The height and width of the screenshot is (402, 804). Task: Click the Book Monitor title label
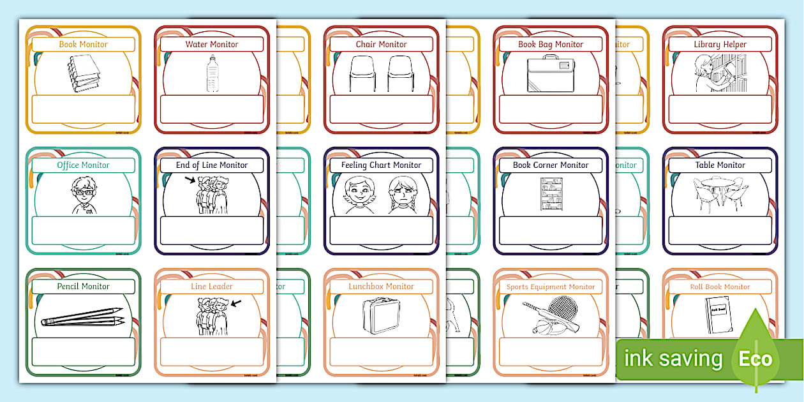tap(84, 45)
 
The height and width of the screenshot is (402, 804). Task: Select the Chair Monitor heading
tap(381, 45)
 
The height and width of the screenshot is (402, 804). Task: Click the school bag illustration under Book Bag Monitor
tap(550, 75)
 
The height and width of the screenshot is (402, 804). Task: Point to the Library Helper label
tap(720, 45)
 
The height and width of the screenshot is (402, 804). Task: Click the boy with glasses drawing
tap(84, 194)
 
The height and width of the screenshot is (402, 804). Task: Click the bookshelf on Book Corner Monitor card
tap(551, 195)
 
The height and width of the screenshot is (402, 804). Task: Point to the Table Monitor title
tap(720, 165)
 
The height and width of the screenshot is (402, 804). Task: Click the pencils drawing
tap(82, 317)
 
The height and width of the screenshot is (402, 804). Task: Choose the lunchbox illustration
tap(381, 316)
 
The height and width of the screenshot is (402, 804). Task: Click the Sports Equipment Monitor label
tap(550, 287)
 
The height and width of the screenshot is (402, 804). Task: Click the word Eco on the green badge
tap(756, 359)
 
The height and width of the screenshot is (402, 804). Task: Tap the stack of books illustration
tap(84, 74)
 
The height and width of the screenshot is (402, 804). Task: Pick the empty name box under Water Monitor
tap(211, 109)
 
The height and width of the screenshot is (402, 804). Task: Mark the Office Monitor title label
tap(84, 165)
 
